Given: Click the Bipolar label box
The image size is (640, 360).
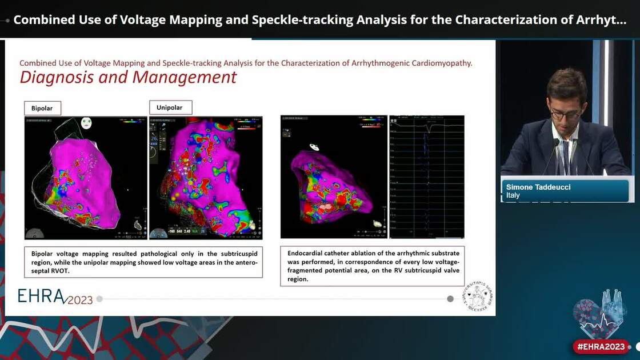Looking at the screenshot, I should click(42, 108).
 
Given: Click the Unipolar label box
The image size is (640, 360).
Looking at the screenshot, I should click(170, 107).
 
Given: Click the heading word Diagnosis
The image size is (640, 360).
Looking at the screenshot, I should click(57, 77).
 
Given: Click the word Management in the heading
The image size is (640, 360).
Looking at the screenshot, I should click(183, 77).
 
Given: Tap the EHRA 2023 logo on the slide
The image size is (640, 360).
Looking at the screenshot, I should click(55, 296).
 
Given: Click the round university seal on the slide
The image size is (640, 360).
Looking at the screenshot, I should click(477, 296).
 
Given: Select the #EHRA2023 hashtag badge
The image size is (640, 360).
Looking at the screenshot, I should click(601, 346).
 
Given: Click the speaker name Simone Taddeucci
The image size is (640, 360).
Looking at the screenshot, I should click(539, 187).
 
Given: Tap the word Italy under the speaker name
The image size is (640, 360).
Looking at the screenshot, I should click(513, 195).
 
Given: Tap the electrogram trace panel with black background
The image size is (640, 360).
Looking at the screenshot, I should click(426, 177).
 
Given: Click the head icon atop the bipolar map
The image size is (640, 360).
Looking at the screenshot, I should click(86, 123).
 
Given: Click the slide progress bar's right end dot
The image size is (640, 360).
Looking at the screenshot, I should click(450, 299).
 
